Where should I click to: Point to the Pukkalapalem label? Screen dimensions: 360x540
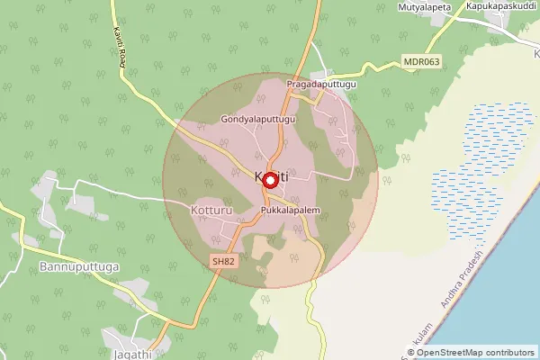pos(291,211)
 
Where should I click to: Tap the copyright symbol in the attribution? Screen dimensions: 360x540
pos(409,353)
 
